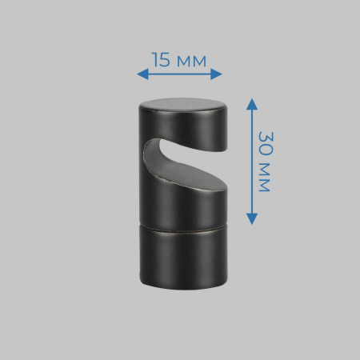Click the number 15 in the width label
pos(161,60)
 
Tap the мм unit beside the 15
pos(191,60)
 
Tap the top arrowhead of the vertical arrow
pos(251,102)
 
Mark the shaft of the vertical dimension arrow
pos(251,160)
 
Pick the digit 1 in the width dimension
pos(154,60)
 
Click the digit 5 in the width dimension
pos(166,60)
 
